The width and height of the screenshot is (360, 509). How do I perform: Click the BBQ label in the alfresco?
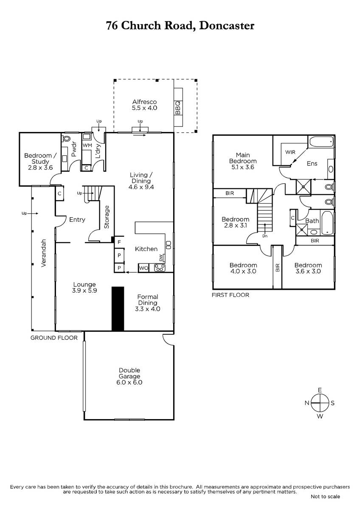(x=178, y=108)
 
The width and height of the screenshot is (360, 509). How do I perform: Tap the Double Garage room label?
(x=129, y=373)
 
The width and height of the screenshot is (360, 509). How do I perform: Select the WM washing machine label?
(x=87, y=145)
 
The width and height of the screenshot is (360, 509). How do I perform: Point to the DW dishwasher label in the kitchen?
(x=161, y=258)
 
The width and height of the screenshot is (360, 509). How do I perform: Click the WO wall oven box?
(x=143, y=268)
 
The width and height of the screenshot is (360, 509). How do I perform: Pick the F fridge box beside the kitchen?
(x=119, y=243)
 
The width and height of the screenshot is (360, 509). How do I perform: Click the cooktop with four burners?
(x=160, y=268)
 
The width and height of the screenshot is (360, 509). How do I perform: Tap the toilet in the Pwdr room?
(x=66, y=138)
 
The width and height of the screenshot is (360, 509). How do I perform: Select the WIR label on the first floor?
(x=290, y=152)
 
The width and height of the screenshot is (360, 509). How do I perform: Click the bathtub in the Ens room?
(x=321, y=142)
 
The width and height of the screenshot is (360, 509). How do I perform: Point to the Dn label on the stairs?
(x=265, y=236)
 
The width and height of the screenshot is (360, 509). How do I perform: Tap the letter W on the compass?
(x=320, y=416)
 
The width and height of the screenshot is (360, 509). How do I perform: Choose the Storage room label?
(x=107, y=217)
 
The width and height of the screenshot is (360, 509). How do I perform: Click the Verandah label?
(x=43, y=253)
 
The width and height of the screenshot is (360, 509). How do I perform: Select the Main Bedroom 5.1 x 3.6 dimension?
(x=243, y=167)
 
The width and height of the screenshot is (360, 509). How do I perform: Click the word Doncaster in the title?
(x=227, y=25)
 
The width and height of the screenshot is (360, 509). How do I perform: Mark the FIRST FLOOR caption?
(x=231, y=295)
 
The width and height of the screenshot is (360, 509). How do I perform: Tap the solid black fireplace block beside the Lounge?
(x=118, y=309)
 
